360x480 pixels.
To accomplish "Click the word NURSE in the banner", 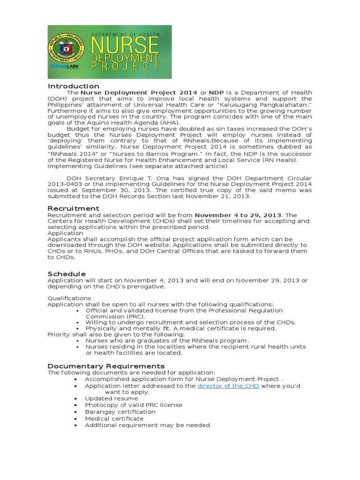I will coord(126,46).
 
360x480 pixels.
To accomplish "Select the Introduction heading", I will coord(73,86).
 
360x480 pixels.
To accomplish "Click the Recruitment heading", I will coord(73,208).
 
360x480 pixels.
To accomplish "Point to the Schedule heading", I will coord(67,274).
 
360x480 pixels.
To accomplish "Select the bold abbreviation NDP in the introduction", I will coord(216,93).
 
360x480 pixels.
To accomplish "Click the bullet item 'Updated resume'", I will coord(111,398).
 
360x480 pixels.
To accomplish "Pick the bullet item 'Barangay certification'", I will coord(120,412).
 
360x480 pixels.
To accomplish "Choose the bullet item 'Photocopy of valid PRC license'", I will coord(134,405).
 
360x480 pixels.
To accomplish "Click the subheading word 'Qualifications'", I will coord(69,298).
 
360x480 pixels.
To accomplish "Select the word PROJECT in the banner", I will coord(125,66).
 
